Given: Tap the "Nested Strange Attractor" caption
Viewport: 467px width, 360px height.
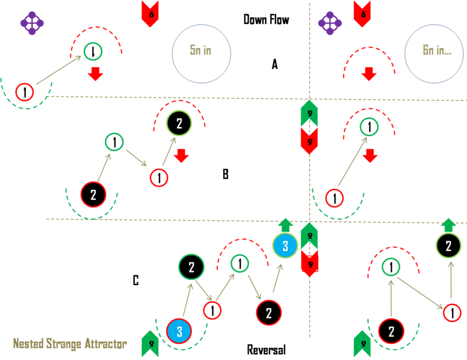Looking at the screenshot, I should (x=70, y=344).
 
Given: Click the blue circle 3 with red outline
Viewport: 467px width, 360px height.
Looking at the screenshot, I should (x=179, y=332).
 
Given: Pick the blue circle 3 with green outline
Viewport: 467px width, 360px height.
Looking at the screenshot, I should (x=285, y=246).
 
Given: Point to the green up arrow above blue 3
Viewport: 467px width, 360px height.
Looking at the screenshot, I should (x=285, y=225).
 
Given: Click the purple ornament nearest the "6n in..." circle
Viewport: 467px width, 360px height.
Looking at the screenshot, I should (x=330, y=23).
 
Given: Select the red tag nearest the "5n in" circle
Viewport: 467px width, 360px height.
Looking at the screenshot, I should (x=150, y=13).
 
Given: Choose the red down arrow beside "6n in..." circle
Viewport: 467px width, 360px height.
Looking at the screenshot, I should (x=368, y=74).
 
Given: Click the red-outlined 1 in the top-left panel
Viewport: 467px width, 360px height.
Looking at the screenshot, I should (x=25, y=92).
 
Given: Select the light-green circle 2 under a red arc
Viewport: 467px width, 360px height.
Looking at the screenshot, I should (x=179, y=123).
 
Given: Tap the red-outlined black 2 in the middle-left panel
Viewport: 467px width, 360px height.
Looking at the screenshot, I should (x=93, y=194).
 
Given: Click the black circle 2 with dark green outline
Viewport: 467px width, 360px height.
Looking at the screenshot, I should (x=191, y=267).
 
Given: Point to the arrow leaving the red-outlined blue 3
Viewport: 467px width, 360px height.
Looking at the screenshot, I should (x=186, y=301).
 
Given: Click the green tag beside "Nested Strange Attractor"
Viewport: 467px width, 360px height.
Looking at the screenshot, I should (x=150, y=344).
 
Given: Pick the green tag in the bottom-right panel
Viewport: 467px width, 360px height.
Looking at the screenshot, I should (x=362, y=344).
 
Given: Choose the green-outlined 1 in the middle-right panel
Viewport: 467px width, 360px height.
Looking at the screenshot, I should (x=368, y=127).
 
